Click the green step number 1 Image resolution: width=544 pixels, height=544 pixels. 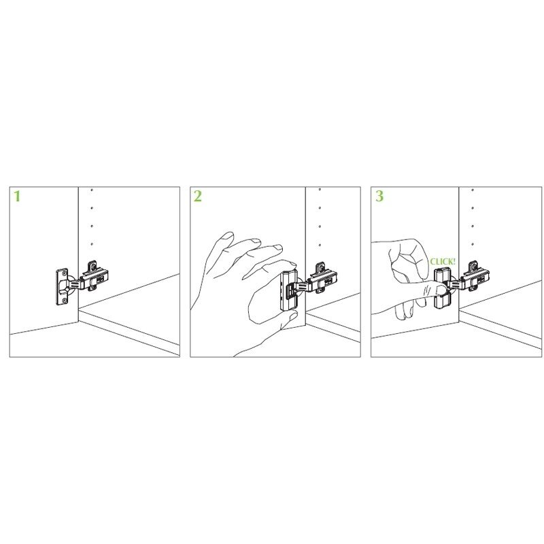17,197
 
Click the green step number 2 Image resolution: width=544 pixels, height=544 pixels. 197,197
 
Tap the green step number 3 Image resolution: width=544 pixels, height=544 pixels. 379,196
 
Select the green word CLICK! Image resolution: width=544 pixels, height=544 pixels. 443,262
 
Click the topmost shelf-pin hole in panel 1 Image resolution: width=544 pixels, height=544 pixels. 92,190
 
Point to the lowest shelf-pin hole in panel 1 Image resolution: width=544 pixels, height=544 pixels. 92,244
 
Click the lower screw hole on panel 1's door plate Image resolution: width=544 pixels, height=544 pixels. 63,300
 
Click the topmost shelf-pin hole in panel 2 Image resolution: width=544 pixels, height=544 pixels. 320,190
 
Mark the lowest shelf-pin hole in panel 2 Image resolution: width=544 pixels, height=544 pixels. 320,245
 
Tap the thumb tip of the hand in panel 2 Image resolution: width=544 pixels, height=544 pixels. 294,316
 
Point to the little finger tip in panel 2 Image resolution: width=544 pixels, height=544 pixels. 227,236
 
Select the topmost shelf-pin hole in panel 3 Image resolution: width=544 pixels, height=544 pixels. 472,190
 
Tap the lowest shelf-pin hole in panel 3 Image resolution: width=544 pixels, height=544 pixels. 472,245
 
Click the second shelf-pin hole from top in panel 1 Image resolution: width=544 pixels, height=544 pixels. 92,208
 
